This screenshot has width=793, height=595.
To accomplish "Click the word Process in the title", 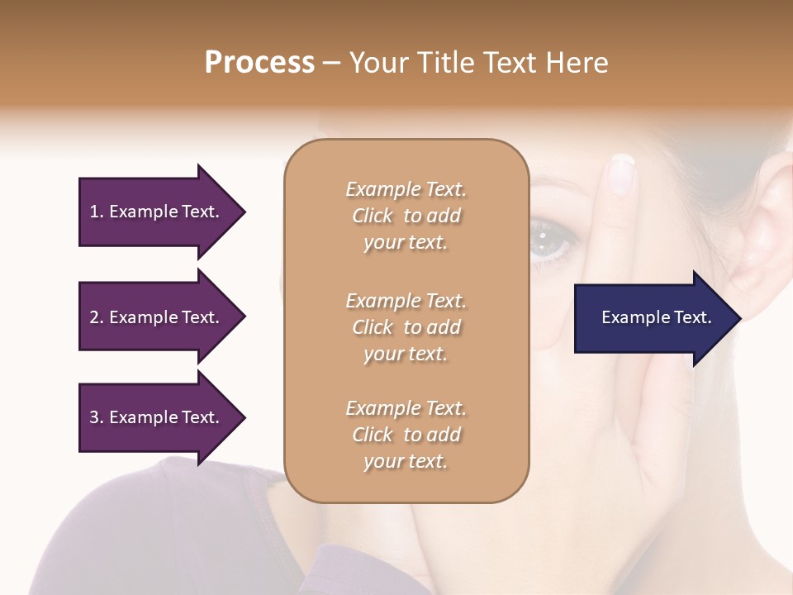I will [x=259, y=63].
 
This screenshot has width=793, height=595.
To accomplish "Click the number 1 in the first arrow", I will [x=94, y=212].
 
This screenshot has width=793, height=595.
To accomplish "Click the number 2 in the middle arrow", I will [x=94, y=317].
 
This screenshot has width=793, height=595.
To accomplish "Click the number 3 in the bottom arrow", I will [x=94, y=417].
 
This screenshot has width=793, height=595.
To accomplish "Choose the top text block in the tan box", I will [x=406, y=216].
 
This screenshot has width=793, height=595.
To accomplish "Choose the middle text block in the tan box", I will [x=406, y=327].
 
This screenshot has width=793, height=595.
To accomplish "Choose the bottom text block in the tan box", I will [x=406, y=435].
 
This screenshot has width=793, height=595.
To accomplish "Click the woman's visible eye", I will [x=547, y=238].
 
